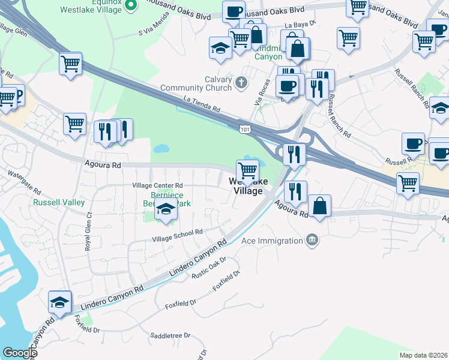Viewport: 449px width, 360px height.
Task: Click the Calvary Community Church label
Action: [204, 84]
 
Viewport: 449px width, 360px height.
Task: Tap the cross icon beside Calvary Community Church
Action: [241, 83]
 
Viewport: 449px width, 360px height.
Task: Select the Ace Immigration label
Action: [273, 241]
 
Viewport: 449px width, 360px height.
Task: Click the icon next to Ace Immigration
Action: [312, 241]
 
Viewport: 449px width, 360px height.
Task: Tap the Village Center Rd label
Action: [157, 185]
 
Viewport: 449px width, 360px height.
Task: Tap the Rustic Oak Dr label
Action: [208, 268]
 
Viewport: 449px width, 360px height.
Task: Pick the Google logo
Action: [19, 352]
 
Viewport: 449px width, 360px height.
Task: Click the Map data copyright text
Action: [424, 355]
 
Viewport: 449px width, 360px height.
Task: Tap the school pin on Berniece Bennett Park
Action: [166, 210]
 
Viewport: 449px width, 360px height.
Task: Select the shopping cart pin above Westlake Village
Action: [247, 170]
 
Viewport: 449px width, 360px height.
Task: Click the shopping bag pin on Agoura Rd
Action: [320, 206]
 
